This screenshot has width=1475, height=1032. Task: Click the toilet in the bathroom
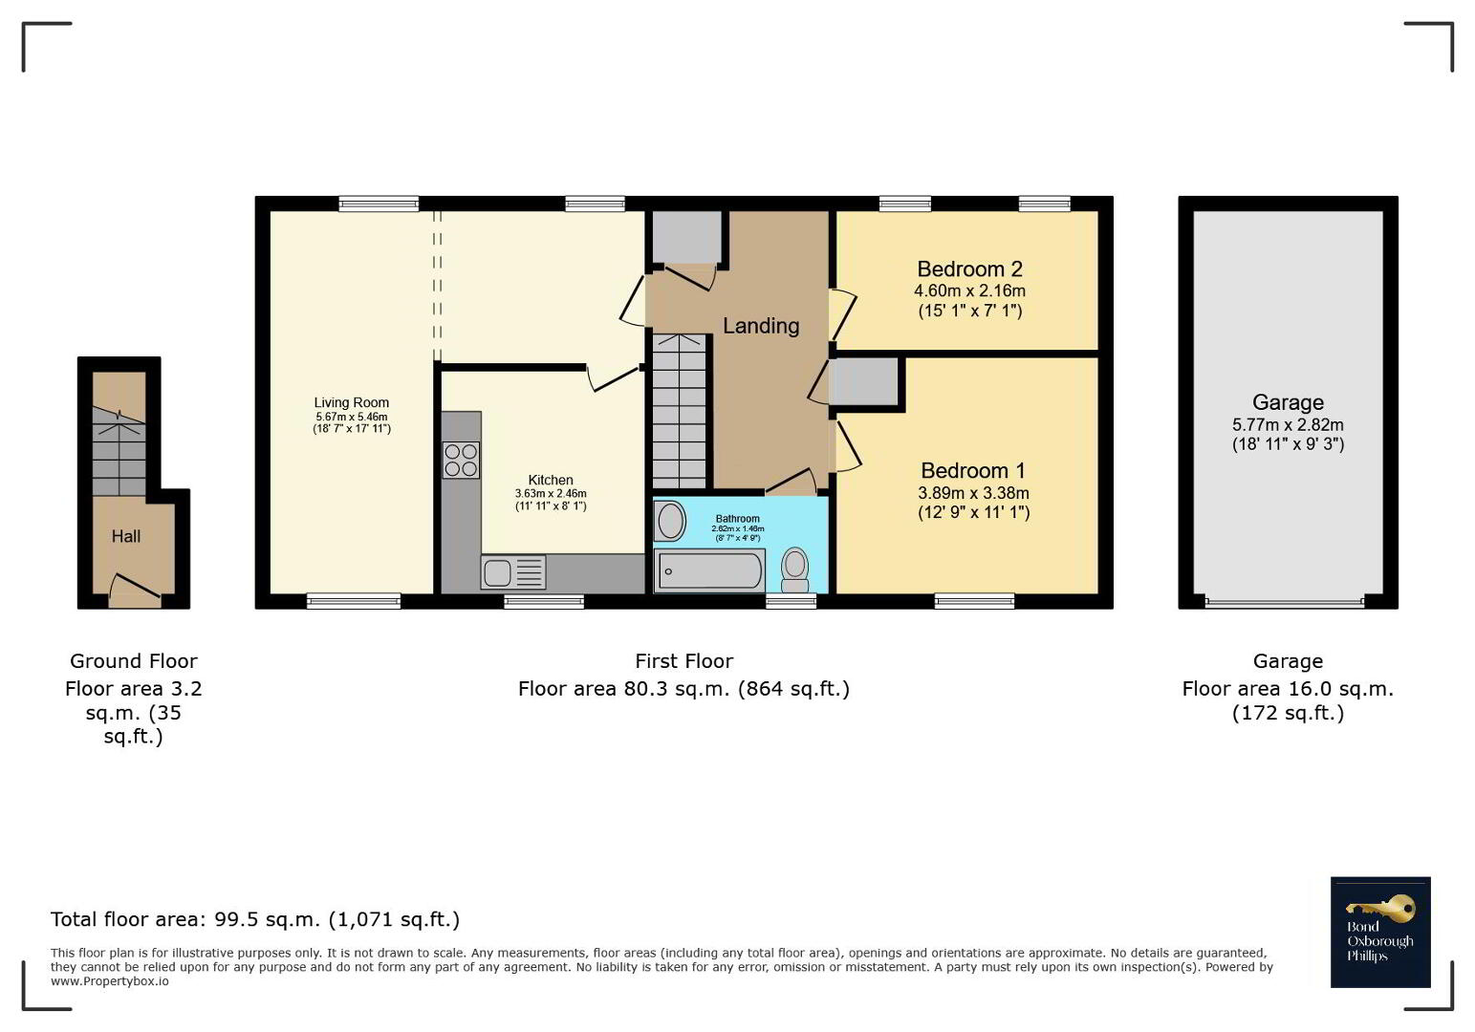pos(794,570)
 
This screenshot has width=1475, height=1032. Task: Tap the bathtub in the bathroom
pos(709,570)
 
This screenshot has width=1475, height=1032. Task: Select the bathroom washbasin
pos(670,522)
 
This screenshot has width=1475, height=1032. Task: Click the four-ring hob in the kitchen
pos(461,460)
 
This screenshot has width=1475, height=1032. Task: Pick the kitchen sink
pos(513,572)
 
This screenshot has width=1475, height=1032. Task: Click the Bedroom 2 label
pos(969,269)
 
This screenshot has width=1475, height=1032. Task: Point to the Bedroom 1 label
pos(972,470)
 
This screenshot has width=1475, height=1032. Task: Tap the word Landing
pos(761,326)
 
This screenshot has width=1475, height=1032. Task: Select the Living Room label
pos(351,402)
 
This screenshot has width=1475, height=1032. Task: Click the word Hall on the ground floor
pos(126,536)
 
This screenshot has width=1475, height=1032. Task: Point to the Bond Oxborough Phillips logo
pos(1380,932)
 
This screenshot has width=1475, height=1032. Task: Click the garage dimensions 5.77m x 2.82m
pos(1288,425)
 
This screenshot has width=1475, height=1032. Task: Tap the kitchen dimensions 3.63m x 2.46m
pos(551,493)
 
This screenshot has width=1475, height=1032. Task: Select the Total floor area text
pos(255,919)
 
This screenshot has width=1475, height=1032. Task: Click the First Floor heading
pos(683,661)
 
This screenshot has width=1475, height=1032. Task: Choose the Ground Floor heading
pos(134,661)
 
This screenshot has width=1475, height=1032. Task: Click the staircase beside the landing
pos(679,411)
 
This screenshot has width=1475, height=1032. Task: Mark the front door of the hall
pos(135,591)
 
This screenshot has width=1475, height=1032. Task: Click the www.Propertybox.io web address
pos(109,981)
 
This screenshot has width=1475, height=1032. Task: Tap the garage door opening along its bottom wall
pos(1285,601)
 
